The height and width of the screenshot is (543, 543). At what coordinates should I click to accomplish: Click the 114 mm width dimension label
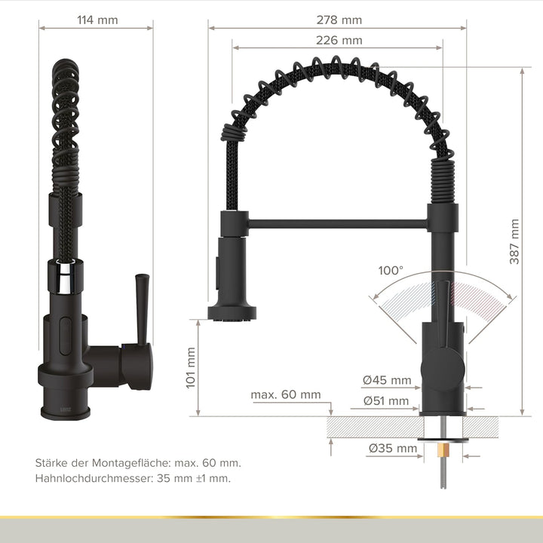pyautogui.click(x=97, y=20)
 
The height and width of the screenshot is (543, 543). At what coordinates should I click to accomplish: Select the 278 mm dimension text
pyautogui.click(x=340, y=20)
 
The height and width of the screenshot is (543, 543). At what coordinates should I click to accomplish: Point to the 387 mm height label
pyautogui.click(x=514, y=241)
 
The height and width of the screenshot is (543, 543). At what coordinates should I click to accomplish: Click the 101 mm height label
pyautogui.click(x=190, y=367)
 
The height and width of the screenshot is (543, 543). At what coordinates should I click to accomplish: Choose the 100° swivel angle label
pyautogui.click(x=391, y=270)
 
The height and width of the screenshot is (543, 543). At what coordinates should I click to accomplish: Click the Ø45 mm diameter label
pyautogui.click(x=387, y=380)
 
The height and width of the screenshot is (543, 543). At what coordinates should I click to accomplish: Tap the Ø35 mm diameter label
pyautogui.click(x=393, y=448)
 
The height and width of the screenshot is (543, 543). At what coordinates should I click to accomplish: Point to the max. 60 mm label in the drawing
pyautogui.click(x=286, y=394)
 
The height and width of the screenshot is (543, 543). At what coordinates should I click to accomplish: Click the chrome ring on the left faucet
pyautogui.click(x=65, y=275)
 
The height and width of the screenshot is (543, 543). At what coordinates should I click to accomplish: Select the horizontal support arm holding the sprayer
pyautogui.click(x=336, y=223)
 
